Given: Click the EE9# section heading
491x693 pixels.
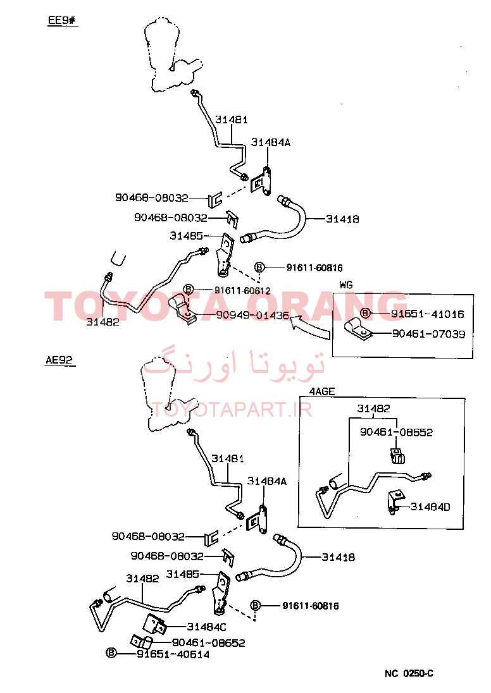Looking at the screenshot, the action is point(62,20).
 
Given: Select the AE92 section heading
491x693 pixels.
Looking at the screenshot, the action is point(59,360).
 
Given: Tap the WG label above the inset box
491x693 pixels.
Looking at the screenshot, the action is point(346,285).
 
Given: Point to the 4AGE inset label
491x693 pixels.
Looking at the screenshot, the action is point(322,391).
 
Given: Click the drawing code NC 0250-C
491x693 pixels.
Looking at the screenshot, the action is point(409,673).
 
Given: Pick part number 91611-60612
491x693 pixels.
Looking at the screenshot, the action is point(242,290).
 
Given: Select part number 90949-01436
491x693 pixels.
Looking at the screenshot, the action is point(252,315).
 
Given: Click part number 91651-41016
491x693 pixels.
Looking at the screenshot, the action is point(428,314).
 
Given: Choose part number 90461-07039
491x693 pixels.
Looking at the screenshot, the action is point(429,334).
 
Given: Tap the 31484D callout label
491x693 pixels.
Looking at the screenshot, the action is point(430,507).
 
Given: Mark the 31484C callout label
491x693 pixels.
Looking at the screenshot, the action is point(206,627).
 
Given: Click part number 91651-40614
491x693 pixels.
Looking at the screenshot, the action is point(173,654).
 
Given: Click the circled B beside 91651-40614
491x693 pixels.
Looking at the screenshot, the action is point(111,653).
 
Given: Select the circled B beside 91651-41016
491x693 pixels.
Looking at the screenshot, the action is point(365,313).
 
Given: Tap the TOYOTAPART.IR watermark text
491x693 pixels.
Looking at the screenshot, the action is point(232,410).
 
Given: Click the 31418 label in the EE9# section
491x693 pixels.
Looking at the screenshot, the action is point(342,219).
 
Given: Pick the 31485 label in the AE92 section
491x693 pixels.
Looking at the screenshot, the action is point(183,574).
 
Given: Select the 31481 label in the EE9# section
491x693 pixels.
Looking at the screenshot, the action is point(232,120).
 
